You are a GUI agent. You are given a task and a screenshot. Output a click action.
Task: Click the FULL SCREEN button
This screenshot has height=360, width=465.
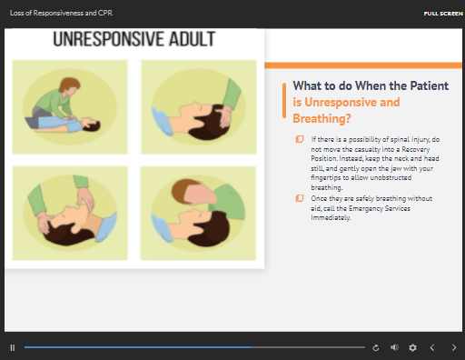click(443, 14)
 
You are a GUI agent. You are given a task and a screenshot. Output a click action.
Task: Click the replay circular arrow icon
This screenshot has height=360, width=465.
click(376, 347)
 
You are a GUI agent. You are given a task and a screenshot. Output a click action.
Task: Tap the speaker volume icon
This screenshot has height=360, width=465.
click(394, 347)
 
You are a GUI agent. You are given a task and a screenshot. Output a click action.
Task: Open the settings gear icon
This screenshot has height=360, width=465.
click(412, 347)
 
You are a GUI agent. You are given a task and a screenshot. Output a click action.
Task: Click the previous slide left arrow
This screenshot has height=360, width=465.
click(432, 347)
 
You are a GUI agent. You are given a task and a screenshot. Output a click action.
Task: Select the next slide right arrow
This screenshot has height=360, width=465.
click(454, 347)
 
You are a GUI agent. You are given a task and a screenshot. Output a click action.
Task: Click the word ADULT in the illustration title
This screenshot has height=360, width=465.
click(192, 39)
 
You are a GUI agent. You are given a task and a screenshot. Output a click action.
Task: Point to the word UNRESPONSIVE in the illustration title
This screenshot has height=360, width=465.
click(109, 39)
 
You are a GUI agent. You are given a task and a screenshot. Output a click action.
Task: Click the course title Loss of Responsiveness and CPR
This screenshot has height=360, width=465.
click(61, 13)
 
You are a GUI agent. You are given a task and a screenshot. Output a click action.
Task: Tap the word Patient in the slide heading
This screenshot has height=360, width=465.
click(429, 85)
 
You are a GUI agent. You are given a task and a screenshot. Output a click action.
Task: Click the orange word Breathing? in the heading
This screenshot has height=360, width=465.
click(322, 118)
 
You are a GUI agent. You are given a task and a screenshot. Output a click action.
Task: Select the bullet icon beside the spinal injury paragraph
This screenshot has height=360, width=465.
click(300, 139)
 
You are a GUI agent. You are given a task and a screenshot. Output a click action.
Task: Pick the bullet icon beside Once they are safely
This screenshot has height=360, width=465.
click(300, 198)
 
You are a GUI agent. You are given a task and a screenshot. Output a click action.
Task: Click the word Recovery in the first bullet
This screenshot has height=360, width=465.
click(416, 149)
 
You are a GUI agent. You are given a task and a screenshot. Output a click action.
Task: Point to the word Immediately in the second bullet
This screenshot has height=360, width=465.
click(331, 217)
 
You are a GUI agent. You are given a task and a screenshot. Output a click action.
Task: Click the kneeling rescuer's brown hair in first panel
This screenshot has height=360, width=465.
click(70, 84)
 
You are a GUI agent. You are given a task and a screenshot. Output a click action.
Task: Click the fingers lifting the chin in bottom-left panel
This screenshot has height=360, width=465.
click(84, 199)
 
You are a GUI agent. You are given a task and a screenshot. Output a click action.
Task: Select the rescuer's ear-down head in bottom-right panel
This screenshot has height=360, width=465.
click(193, 192)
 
